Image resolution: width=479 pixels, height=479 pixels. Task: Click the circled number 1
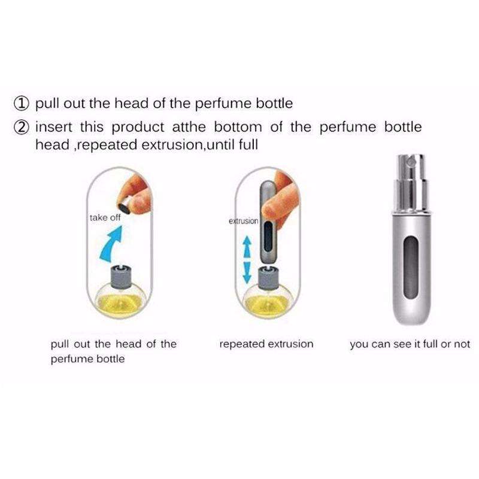(x=23, y=104)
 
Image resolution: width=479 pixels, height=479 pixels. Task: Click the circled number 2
(x=23, y=128)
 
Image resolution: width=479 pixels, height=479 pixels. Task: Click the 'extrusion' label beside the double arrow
(x=243, y=222)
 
